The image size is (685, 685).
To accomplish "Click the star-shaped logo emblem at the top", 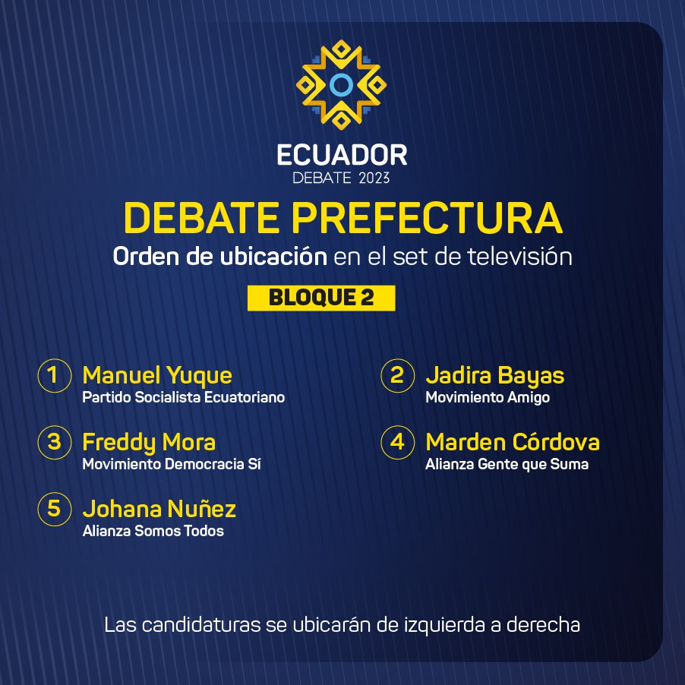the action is coord(341,85).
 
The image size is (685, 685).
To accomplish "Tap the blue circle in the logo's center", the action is coord(341,85).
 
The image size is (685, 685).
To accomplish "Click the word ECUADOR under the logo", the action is coord(342,155).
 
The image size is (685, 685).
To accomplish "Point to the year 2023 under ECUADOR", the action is coord(374,178).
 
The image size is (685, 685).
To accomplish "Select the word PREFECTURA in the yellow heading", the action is coord(427,217).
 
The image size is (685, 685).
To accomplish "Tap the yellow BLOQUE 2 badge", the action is coord(321,298).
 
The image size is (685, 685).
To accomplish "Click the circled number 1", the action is coord(55,375).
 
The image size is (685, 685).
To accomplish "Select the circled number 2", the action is coord(397,375).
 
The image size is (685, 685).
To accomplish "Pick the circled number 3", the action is coord(55,442).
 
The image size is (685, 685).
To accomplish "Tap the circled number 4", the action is coord(397,442).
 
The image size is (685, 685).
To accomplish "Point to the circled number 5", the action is coord(55,509).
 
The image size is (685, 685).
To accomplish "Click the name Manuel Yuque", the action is coord(157,376).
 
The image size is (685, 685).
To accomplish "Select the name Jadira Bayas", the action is coord(495,376).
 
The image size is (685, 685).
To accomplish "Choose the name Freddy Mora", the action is coord(149,443).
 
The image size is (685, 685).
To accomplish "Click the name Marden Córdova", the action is coord(513,442).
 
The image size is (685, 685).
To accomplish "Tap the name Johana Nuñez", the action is coord(159,509).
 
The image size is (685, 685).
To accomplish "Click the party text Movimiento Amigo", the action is coord(488,397).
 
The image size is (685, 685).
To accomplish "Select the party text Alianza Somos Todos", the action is coord(153,531).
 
